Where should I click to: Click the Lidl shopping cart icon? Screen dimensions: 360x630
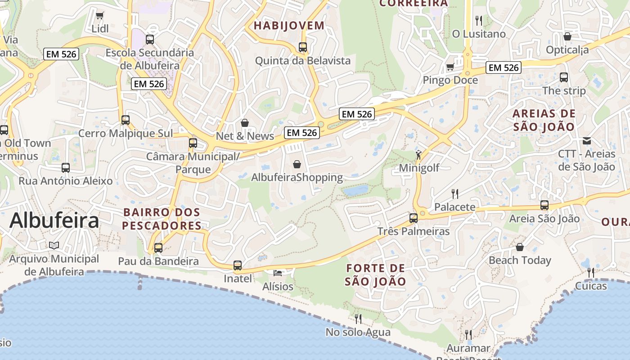click(x=100, y=16)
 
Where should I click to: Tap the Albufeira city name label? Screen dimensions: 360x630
click(x=54, y=220)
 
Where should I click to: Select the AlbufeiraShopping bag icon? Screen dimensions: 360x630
click(x=297, y=164)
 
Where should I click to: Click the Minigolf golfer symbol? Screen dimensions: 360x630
click(x=419, y=155)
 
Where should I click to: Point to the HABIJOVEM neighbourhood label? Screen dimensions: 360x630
click(x=289, y=26)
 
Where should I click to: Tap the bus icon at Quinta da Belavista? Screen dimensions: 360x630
click(x=303, y=47)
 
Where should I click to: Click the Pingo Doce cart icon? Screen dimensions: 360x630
click(x=450, y=67)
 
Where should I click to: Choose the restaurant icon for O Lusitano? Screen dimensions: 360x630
click(x=479, y=21)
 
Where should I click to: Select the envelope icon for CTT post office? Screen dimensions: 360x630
click(x=587, y=141)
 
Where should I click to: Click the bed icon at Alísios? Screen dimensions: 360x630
click(x=278, y=273)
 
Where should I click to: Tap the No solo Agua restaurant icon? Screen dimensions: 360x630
click(x=358, y=319)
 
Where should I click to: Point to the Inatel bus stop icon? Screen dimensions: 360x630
click(x=238, y=265)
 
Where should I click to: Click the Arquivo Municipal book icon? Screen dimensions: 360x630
click(x=54, y=246)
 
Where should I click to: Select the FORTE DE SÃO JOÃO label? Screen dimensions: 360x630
click(x=376, y=275)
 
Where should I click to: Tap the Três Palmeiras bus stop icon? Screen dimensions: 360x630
click(x=413, y=218)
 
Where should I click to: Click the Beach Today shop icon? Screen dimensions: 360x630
click(x=520, y=247)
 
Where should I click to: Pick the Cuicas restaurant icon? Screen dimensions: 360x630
click(x=591, y=272)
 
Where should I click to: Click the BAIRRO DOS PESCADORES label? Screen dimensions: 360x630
click(x=162, y=219)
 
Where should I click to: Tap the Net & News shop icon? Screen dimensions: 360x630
click(x=245, y=123)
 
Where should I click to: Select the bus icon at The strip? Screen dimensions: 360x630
click(x=564, y=77)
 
